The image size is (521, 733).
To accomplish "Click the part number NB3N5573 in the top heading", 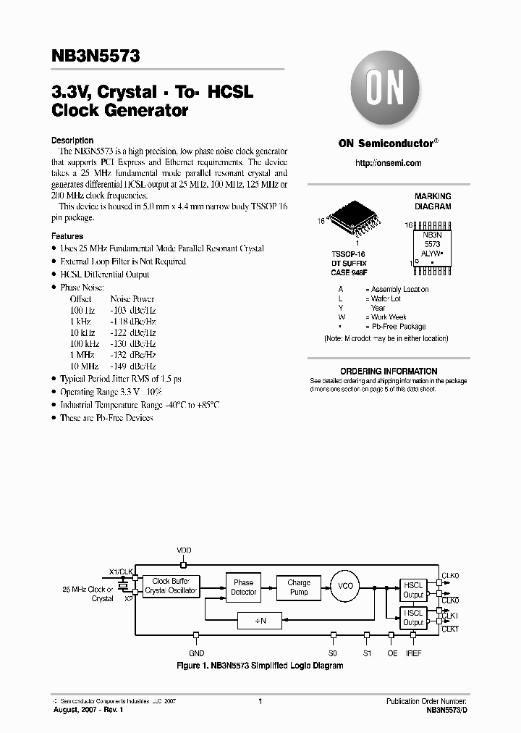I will click(x=91, y=54).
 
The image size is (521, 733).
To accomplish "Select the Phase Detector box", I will click(x=243, y=587).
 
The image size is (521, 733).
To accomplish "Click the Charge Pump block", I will click(x=299, y=587).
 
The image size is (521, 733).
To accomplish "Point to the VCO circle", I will click(x=346, y=586).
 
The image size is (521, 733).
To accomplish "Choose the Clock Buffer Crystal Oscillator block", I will click(x=171, y=586).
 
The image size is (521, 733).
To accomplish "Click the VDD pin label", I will click(x=185, y=550).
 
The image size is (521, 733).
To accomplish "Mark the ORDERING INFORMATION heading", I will click(x=389, y=371).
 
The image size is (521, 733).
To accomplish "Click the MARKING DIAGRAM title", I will click(x=433, y=201).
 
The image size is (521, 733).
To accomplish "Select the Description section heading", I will click(x=72, y=141).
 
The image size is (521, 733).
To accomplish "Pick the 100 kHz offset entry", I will click(x=85, y=343).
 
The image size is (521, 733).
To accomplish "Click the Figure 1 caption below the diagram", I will click(x=260, y=665).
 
